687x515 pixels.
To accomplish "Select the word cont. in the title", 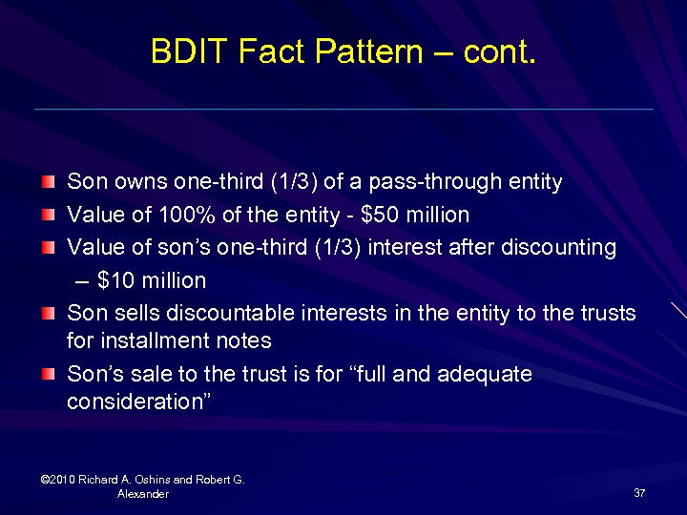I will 499,51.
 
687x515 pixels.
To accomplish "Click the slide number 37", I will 639,492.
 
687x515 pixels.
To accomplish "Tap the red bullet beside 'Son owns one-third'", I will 49,181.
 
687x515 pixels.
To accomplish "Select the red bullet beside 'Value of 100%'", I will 49,215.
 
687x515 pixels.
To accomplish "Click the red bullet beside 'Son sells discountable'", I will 49,313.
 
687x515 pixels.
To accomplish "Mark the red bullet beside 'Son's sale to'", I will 49,374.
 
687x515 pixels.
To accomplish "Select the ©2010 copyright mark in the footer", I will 59,480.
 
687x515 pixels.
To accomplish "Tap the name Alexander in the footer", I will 143,494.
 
